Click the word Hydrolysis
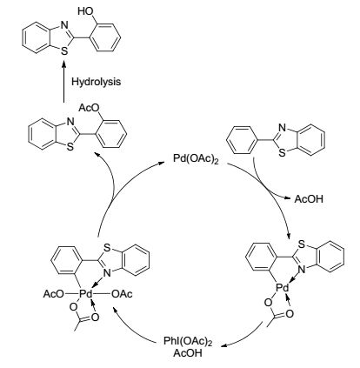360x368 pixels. click(x=96, y=82)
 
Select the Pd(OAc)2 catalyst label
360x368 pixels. click(x=196, y=159)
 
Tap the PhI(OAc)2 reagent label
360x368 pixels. click(x=188, y=341)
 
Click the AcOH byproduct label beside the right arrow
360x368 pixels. click(x=309, y=199)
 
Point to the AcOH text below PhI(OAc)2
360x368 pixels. click(x=188, y=353)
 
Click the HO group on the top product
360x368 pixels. click(x=85, y=11)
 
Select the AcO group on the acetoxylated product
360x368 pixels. click(x=90, y=108)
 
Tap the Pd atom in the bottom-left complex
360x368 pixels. click(x=86, y=294)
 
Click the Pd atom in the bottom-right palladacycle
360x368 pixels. click(x=282, y=288)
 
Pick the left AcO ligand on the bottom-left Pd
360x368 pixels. click(x=53, y=294)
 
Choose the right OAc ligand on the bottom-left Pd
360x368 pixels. click(x=122, y=294)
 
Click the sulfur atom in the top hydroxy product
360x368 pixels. click(x=64, y=51)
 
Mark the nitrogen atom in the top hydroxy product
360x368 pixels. click(x=64, y=25)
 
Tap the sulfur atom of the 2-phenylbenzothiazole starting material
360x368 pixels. click(x=282, y=153)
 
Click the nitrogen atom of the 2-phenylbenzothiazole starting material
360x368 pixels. click(x=282, y=128)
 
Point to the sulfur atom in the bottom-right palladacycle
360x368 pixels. click(x=302, y=244)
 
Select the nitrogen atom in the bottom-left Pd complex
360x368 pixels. click(x=107, y=272)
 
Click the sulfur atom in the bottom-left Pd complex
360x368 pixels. click(x=107, y=247)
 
